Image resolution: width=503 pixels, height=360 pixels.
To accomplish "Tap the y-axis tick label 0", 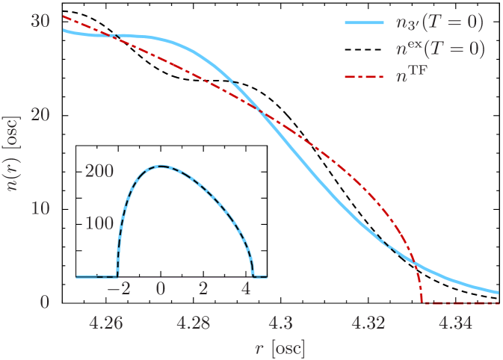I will tap(45, 302).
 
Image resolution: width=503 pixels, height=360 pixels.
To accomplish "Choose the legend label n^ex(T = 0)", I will tap(439, 50).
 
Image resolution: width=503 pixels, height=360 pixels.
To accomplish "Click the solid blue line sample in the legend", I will tap(364, 24).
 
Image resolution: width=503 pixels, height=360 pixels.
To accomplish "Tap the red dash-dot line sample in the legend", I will tap(364, 77).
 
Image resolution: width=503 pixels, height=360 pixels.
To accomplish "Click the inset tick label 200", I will tap(99, 171).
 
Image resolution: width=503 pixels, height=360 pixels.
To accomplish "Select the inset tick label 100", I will tap(99, 223).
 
